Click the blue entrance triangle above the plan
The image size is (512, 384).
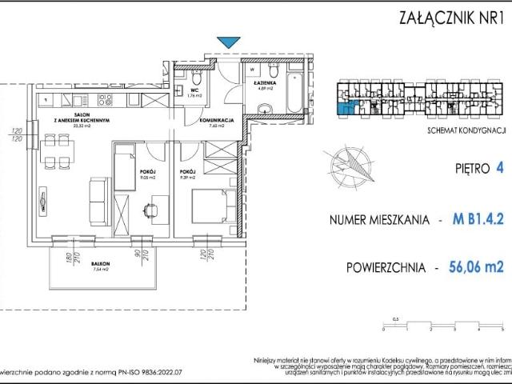[x=230, y=42]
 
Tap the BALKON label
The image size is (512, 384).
[x=100, y=265]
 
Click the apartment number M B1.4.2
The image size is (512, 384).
[x=468, y=218]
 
